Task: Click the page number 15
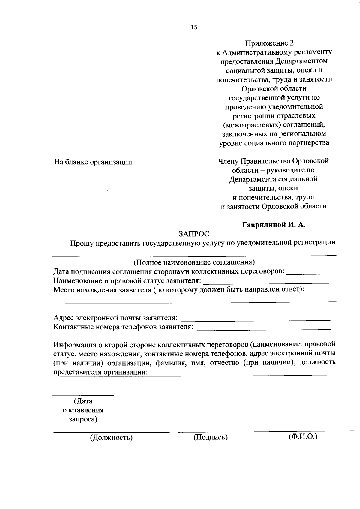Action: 194,27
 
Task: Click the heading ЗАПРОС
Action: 194,233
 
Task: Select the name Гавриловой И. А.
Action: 274,225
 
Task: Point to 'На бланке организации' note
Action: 93,162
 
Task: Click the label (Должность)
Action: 111,438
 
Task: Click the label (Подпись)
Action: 210,437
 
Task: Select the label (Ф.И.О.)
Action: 303,436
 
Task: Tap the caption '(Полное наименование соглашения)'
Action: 194,262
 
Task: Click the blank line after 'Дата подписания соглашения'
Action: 308,274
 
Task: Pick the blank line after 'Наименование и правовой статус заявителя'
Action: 266,283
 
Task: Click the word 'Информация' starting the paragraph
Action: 75,344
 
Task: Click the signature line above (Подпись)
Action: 210,432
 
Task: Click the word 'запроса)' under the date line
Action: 83,419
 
